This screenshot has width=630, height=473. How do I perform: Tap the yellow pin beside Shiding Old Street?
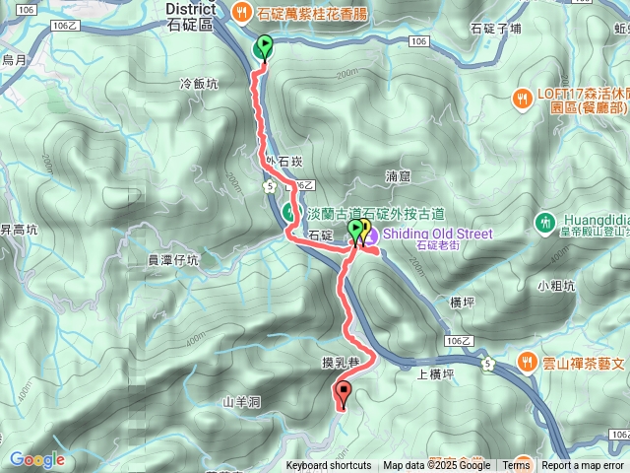click(364, 231)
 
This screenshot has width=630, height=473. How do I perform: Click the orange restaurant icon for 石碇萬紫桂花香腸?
click(243, 12)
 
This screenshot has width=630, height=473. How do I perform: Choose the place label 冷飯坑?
click(199, 85)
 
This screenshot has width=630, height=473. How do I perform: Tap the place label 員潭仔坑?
click(173, 261)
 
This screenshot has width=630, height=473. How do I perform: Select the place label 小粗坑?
click(556, 286)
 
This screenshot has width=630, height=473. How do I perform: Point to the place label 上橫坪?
click(435, 373)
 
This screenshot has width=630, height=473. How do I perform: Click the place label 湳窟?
click(397, 177)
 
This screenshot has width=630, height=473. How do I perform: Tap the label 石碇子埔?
click(497, 29)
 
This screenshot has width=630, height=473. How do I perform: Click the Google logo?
click(36, 459)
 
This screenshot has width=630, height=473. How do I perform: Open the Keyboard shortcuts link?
click(329, 466)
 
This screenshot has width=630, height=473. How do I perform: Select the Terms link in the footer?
click(516, 466)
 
